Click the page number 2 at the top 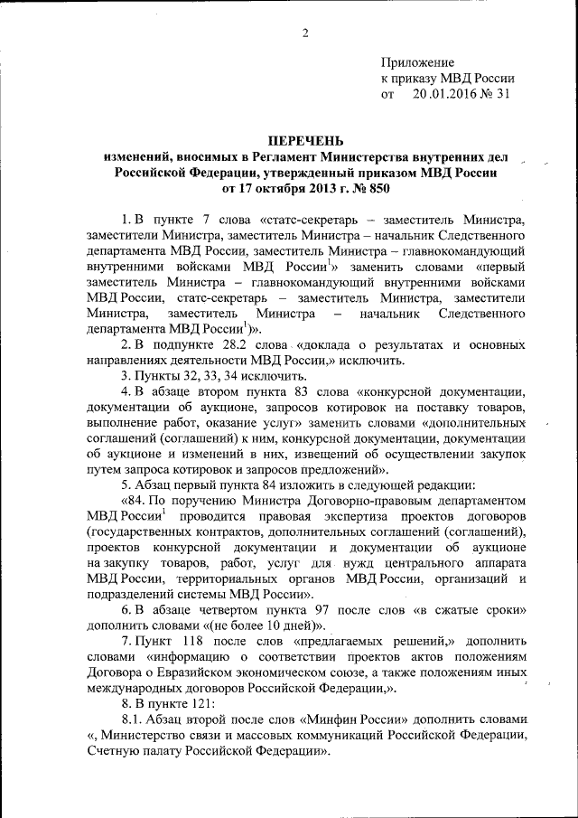pyautogui.click(x=305, y=33)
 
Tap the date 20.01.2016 pyautogui.click(x=443, y=93)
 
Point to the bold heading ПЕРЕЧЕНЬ pyautogui.click(x=306, y=141)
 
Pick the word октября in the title pyautogui.click(x=277, y=190)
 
